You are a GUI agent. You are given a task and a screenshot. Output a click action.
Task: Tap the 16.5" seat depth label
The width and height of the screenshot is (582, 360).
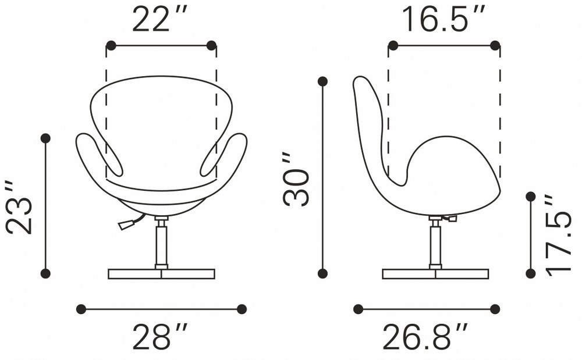tap(443, 19)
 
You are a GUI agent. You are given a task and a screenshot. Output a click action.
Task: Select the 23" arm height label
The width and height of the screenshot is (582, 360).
tap(20, 208)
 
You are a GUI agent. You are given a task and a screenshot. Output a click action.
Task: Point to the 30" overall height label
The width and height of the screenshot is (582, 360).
tap(296, 179)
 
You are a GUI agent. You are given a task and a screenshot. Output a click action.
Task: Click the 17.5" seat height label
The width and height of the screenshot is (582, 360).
tap(558, 235)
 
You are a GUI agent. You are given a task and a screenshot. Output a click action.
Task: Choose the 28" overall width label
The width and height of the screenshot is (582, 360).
tap(160, 336)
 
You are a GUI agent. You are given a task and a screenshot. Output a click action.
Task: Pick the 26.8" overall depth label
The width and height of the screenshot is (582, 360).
tap(425, 336)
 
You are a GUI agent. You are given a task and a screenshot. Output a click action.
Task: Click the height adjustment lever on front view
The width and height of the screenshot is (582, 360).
tap(130, 222)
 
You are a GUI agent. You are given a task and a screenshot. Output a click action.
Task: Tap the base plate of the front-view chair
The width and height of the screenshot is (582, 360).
tap(161, 274)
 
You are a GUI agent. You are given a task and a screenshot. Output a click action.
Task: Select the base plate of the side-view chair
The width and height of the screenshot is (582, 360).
tap(435, 274)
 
